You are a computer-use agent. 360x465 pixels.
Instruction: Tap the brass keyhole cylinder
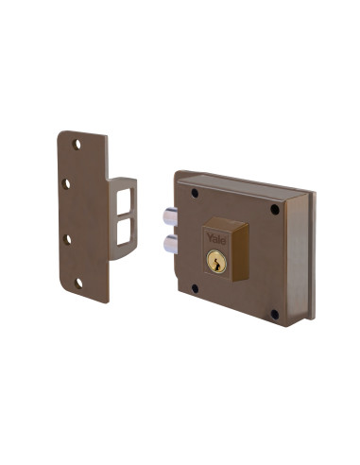(x=216, y=262)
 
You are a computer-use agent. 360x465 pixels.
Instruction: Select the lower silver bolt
(x=170, y=244)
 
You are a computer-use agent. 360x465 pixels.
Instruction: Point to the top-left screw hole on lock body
(x=194, y=194)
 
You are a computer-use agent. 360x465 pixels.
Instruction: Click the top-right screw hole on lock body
(x=275, y=209)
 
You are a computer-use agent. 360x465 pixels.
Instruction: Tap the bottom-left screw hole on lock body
(x=196, y=287)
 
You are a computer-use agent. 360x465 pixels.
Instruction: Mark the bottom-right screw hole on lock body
(x=274, y=313)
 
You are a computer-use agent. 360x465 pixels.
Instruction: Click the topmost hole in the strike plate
(x=77, y=145)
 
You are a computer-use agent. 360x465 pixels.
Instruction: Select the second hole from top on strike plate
(x=66, y=183)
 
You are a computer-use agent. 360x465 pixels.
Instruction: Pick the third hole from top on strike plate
(x=67, y=239)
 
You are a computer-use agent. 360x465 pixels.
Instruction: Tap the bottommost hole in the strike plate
(x=79, y=282)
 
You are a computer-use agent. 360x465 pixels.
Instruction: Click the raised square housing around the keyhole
(x=227, y=250)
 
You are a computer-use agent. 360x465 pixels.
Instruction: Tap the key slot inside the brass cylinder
(x=216, y=263)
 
